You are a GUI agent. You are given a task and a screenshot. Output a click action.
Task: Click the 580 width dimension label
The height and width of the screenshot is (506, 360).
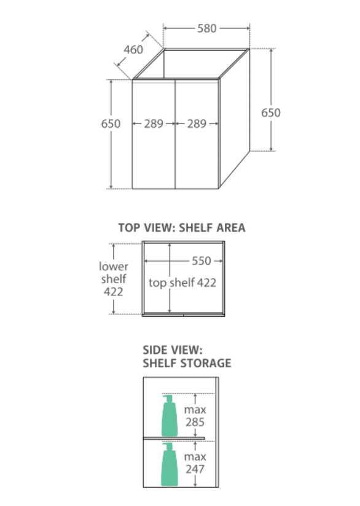tap(207, 28)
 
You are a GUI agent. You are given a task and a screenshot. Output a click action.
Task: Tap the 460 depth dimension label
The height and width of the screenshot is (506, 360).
tap(133, 50)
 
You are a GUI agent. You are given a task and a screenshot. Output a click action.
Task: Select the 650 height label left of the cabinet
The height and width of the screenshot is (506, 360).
tap(111, 123)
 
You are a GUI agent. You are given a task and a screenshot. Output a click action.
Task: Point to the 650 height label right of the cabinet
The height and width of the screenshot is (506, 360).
tap(271, 112)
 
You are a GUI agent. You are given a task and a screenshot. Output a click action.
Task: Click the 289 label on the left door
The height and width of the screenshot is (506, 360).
tap(154, 123)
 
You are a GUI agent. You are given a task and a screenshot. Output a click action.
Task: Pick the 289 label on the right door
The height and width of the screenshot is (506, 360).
tap(197, 123)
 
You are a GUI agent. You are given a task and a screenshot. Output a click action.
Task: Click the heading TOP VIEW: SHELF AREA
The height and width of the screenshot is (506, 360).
tap(182, 228)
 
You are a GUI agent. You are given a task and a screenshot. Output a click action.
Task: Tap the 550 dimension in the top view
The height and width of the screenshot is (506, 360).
tap(202, 261)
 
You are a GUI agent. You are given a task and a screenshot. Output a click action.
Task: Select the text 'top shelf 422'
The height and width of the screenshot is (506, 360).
tap(182, 282)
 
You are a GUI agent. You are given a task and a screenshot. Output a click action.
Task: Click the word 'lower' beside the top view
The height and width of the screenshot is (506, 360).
tap(114, 267)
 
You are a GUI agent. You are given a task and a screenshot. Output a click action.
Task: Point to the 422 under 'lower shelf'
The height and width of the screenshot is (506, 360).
tap(113, 292)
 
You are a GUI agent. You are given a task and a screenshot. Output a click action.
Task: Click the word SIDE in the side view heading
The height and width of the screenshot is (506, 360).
tap(155, 350)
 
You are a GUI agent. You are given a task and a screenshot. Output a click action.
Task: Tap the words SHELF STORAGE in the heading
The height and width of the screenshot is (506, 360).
tap(187, 364)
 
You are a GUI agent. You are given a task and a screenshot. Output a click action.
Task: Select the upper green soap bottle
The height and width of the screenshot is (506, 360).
tap(169, 416)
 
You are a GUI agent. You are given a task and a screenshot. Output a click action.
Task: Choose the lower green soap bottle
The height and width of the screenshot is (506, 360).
tap(169, 464)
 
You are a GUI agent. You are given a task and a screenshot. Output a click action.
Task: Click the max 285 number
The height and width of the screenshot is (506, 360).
tap(195, 422)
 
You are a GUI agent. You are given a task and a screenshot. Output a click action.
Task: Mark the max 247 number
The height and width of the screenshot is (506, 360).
tap(195, 469)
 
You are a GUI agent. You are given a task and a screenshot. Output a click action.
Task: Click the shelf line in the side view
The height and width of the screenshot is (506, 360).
tap(174, 438)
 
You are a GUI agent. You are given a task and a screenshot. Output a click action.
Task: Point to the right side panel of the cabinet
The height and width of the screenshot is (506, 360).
tap(235, 119)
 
